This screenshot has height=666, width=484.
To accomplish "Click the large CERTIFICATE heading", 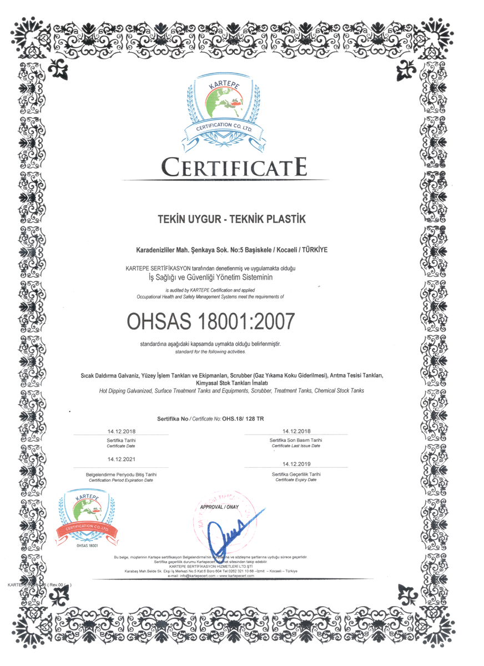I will [x=233, y=166].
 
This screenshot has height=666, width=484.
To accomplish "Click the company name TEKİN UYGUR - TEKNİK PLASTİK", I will [x=232, y=220].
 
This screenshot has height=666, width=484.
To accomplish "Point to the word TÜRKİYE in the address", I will [x=314, y=250].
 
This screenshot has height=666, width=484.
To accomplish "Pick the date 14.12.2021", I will [x=122, y=459].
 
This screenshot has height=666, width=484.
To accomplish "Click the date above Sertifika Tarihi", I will [x=122, y=431].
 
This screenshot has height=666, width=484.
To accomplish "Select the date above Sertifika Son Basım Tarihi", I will [x=296, y=431].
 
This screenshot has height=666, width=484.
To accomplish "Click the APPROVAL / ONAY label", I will [x=219, y=507].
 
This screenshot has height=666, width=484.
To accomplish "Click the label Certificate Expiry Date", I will [x=296, y=480].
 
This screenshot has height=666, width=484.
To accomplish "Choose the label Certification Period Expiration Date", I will [x=121, y=480].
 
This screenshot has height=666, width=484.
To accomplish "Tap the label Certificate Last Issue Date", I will [x=296, y=446].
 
